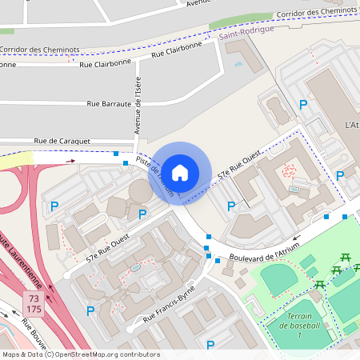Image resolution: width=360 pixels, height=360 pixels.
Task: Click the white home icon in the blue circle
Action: click(180, 172)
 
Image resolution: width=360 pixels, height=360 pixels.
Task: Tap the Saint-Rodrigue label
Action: click(246, 29)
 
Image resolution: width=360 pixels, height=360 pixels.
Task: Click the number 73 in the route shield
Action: click(34, 298)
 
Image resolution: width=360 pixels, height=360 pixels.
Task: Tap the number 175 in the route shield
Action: click(34, 309)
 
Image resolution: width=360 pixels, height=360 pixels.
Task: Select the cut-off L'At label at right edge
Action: click(351, 126)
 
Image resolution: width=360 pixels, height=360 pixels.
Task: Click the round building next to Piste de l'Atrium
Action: click(141, 191)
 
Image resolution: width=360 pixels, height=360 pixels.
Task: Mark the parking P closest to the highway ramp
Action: click(54, 206)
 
